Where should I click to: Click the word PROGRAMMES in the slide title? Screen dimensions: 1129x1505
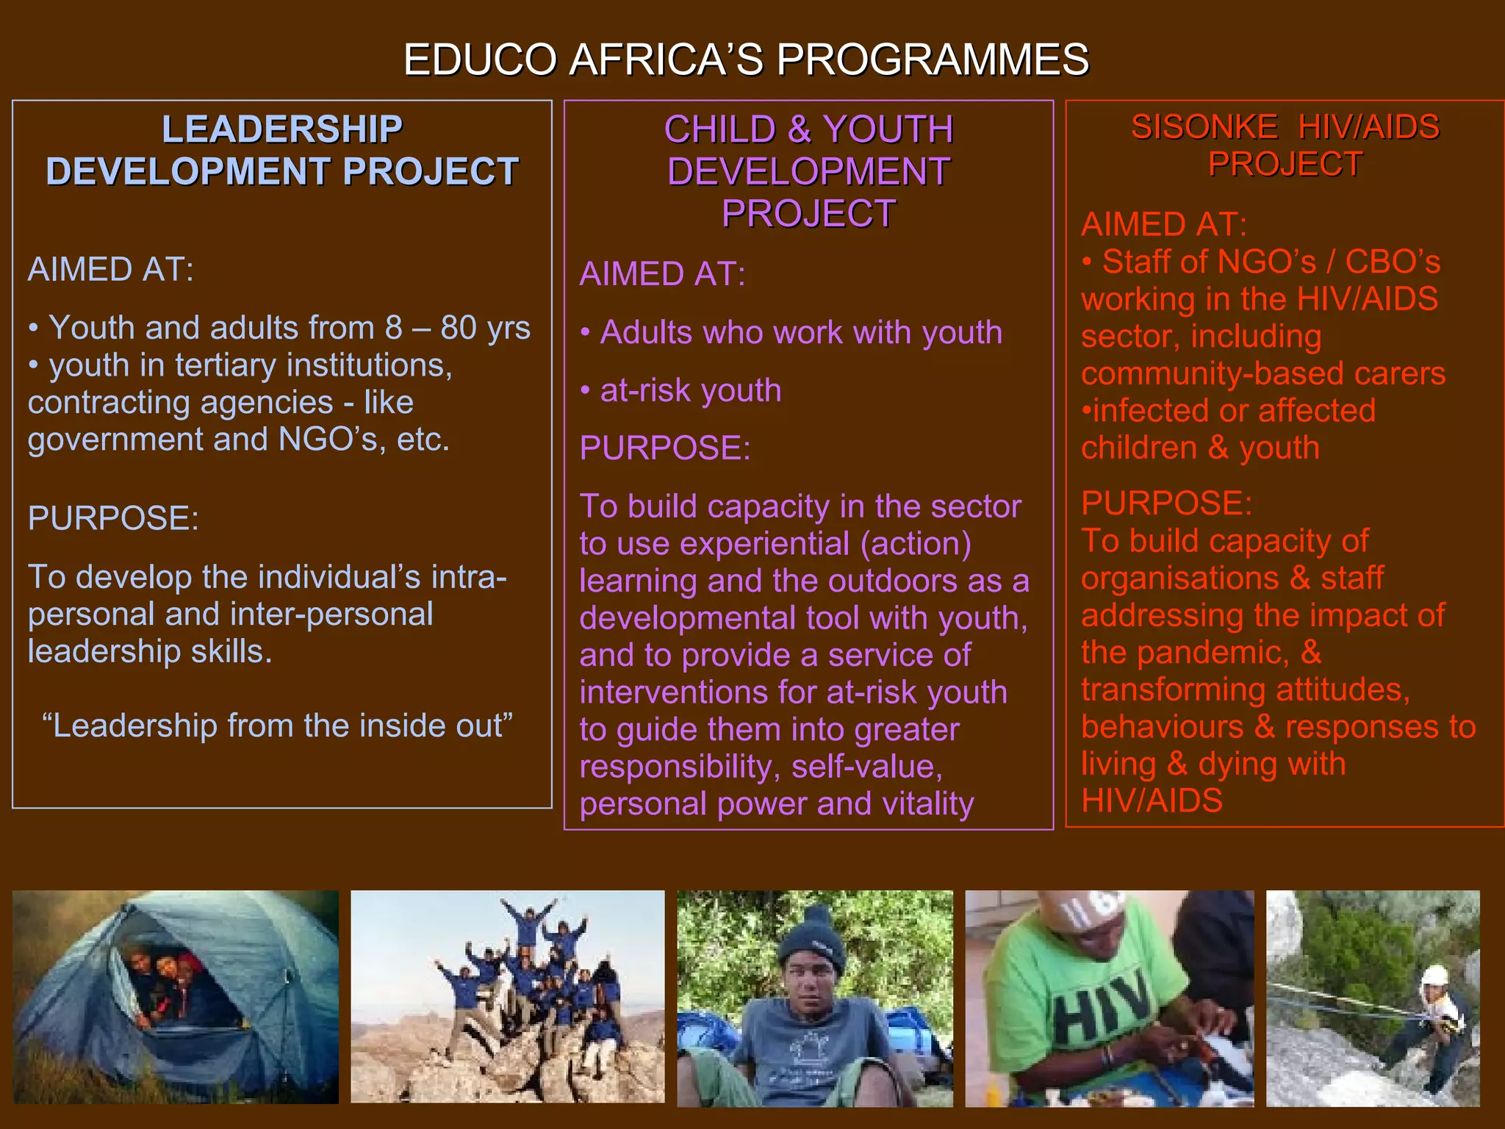pyautogui.click(x=933, y=60)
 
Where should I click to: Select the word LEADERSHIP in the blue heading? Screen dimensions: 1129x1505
pyautogui.click(x=282, y=129)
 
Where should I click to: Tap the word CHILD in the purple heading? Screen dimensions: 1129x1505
pyautogui.click(x=719, y=130)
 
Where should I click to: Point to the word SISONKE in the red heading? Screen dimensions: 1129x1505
pyautogui.click(x=1204, y=127)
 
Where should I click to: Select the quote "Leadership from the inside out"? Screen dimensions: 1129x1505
pyautogui.click(x=278, y=725)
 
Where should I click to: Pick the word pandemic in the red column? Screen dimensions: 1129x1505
pyautogui.click(x=1212, y=653)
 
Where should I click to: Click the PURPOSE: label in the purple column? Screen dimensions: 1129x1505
pyautogui.click(x=665, y=448)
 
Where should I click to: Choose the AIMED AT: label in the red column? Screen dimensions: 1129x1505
pyautogui.click(x=1164, y=224)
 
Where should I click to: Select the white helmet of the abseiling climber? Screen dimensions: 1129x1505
pyautogui.click(x=1434, y=975)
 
